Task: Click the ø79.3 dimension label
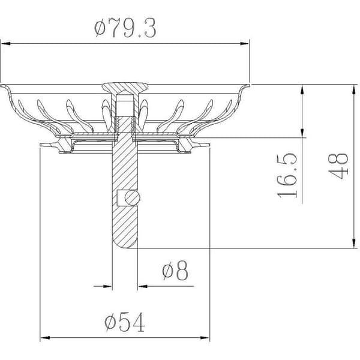click(x=125, y=28)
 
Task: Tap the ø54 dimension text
click(x=125, y=322)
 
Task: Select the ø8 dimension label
click(x=175, y=270)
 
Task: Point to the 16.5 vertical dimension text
click(x=287, y=176)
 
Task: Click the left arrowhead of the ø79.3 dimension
click(x=5, y=43)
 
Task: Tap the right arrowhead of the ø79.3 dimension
click(x=244, y=43)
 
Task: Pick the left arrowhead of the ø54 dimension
click(x=45, y=338)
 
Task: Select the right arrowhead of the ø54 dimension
click(x=205, y=338)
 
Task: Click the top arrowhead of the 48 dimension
click(x=354, y=89)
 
